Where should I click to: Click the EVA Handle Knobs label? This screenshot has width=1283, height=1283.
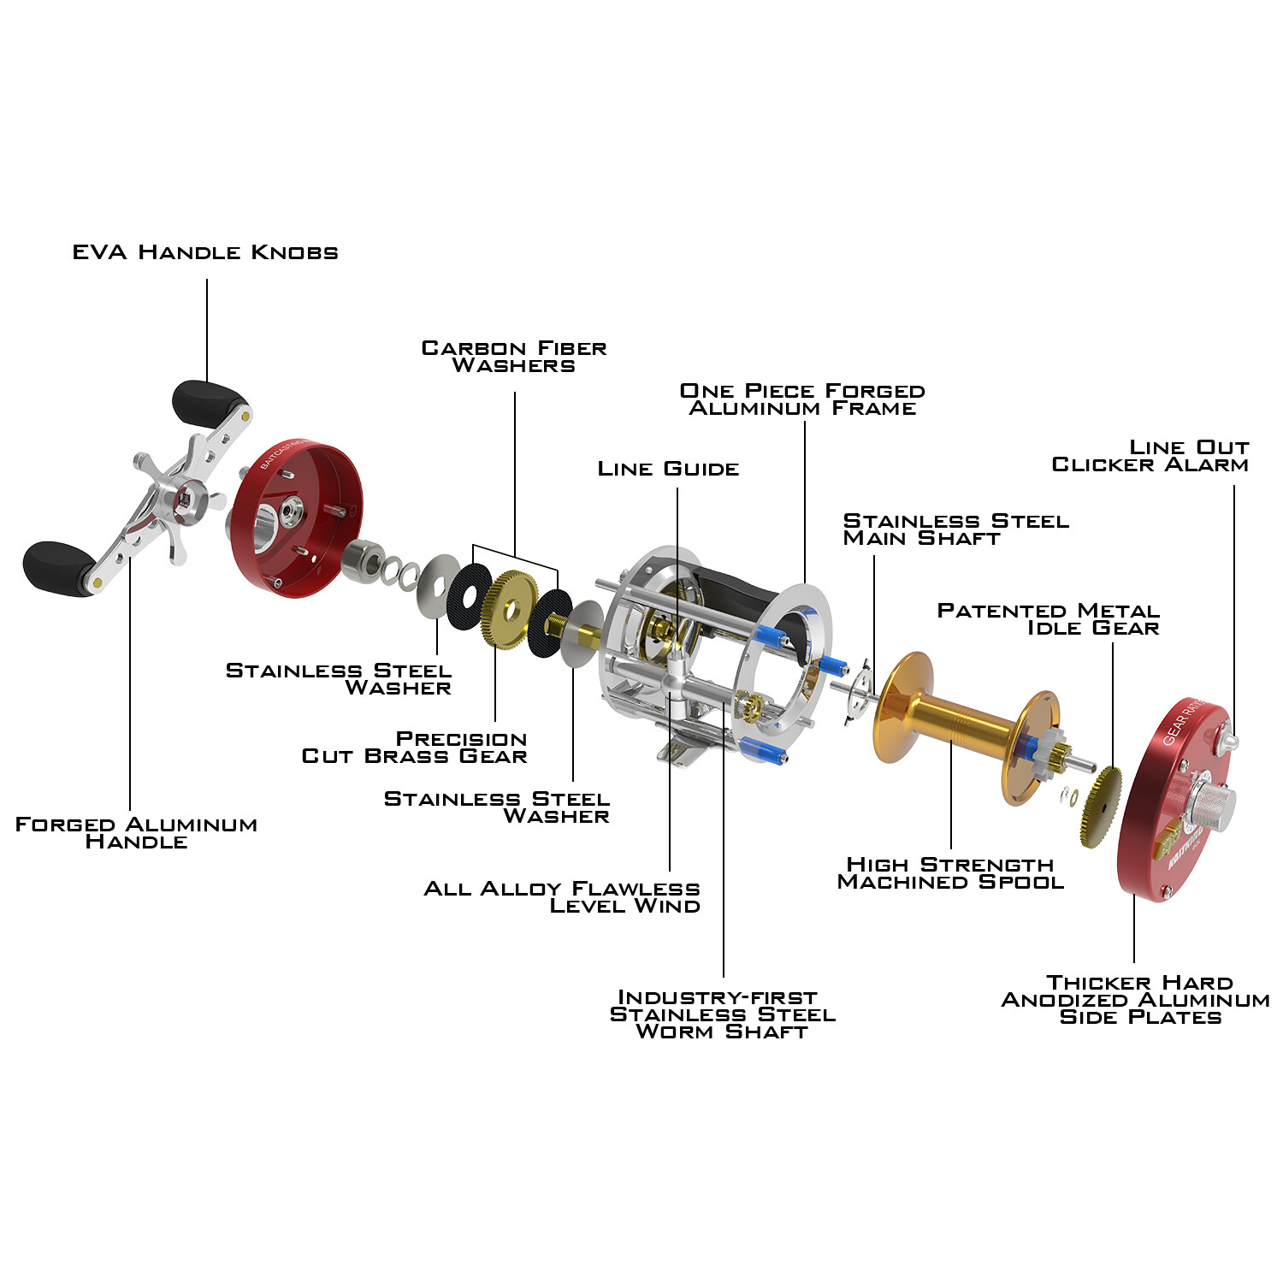coord(205,252)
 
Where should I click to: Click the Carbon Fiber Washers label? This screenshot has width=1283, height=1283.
coord(514,357)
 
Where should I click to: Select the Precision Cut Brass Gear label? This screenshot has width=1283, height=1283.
coord(415,748)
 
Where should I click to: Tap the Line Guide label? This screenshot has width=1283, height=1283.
coord(668,469)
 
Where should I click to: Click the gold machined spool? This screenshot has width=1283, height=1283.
coord(967,727)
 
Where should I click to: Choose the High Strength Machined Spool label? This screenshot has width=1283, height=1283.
coord(950,873)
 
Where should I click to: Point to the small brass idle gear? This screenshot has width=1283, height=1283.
coord(1102,807)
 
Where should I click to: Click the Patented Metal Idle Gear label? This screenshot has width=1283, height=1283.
coord(1049,619)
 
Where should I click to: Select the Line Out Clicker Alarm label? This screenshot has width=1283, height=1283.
coord(1150,456)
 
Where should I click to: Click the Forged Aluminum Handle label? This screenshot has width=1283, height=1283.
coord(136,833)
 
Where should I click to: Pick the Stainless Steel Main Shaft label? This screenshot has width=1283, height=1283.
coord(956,529)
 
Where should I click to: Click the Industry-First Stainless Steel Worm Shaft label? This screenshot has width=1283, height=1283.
coord(723,1014)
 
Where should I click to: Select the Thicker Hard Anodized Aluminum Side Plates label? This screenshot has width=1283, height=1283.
coord(1136,1000)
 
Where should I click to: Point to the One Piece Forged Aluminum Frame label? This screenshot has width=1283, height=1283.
coord(802,399)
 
